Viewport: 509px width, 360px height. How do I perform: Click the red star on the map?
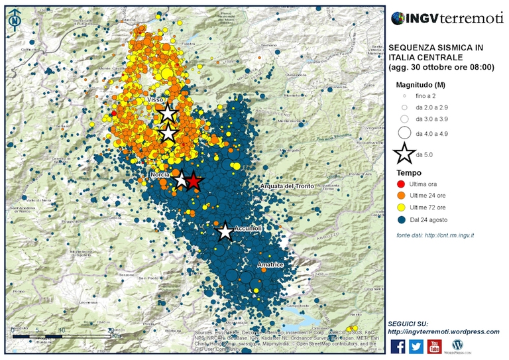click(x=193, y=181)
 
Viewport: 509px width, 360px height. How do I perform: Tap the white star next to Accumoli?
click(x=225, y=231)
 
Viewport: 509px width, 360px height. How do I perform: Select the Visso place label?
click(x=156, y=99)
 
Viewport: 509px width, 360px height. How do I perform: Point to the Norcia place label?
click(x=161, y=174)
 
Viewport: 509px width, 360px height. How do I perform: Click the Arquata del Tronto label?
click(x=287, y=186)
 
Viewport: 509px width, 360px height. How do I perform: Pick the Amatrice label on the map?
click(x=270, y=265)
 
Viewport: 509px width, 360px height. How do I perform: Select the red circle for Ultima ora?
click(x=402, y=184)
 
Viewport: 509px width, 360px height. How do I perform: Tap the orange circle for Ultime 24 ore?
click(x=402, y=196)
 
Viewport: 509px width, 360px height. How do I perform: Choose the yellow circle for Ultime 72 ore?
click(x=402, y=208)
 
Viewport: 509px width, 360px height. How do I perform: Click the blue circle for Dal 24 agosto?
click(x=402, y=220)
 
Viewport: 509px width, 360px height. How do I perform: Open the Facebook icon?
click(x=398, y=346)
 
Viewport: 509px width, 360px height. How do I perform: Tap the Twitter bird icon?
click(x=416, y=346)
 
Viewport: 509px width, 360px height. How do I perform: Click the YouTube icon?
click(x=435, y=346)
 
